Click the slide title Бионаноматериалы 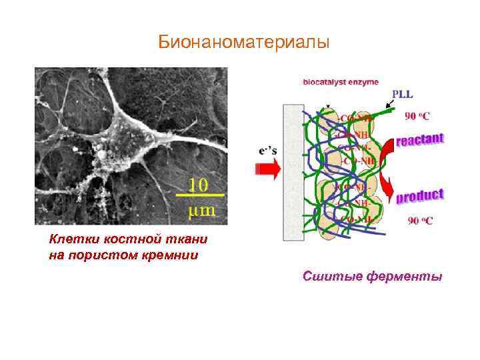click(x=244, y=43)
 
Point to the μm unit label click(x=199, y=210)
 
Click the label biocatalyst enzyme click(x=339, y=82)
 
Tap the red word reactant click(x=420, y=141)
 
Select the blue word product click(x=419, y=196)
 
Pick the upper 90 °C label click(x=418, y=115)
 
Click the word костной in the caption click(x=121, y=239)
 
